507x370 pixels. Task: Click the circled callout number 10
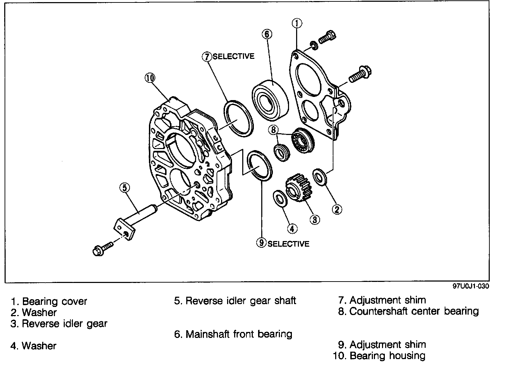click(x=150, y=78)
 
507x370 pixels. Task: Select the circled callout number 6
click(x=267, y=34)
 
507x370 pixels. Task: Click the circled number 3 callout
click(x=314, y=220)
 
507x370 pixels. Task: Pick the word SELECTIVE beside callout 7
click(x=233, y=56)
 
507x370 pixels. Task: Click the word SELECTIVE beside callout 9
click(x=288, y=243)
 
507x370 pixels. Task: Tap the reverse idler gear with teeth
click(x=298, y=187)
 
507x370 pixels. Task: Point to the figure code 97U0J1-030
click(x=471, y=286)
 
